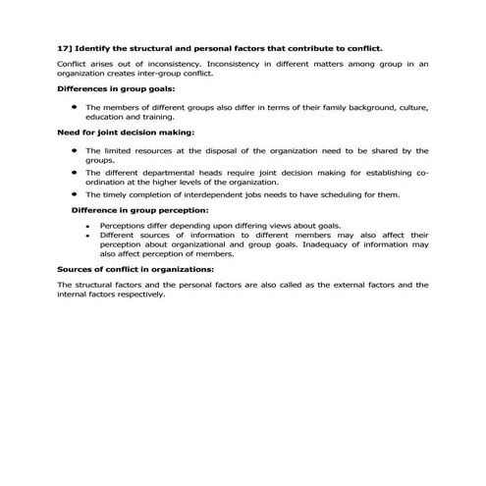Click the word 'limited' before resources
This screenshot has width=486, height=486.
(x=116, y=150)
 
